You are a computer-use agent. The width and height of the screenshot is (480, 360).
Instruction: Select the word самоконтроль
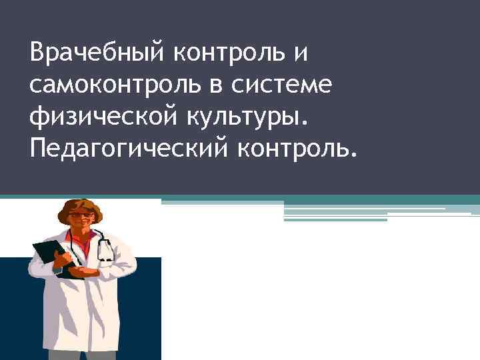tap(105, 85)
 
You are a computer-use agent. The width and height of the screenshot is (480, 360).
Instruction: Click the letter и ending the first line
tap(301, 52)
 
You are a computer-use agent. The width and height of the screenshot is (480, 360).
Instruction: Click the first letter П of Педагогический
tap(38, 151)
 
